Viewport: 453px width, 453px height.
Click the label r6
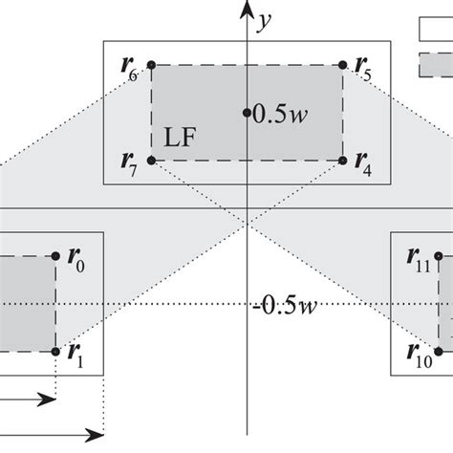click(130, 69)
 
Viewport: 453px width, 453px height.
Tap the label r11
click(419, 257)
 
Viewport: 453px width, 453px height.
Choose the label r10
click(419, 360)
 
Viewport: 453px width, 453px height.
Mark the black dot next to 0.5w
click(247, 113)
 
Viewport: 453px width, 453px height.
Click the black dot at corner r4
click(343, 161)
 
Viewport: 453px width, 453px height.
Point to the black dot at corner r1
click(56, 351)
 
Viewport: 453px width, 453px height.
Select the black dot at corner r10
click(439, 351)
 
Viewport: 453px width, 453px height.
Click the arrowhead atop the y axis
click(247, 10)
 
